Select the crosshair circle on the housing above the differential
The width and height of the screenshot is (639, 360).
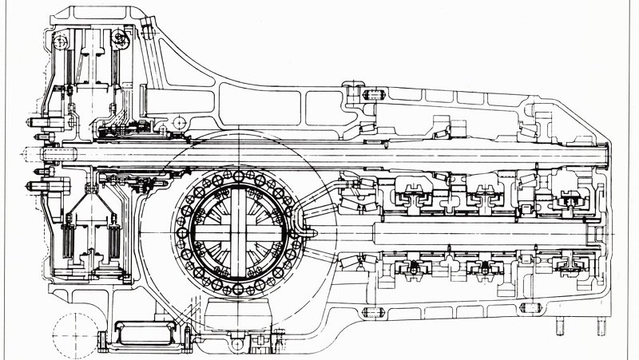pyautogui.click(x=181, y=121)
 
